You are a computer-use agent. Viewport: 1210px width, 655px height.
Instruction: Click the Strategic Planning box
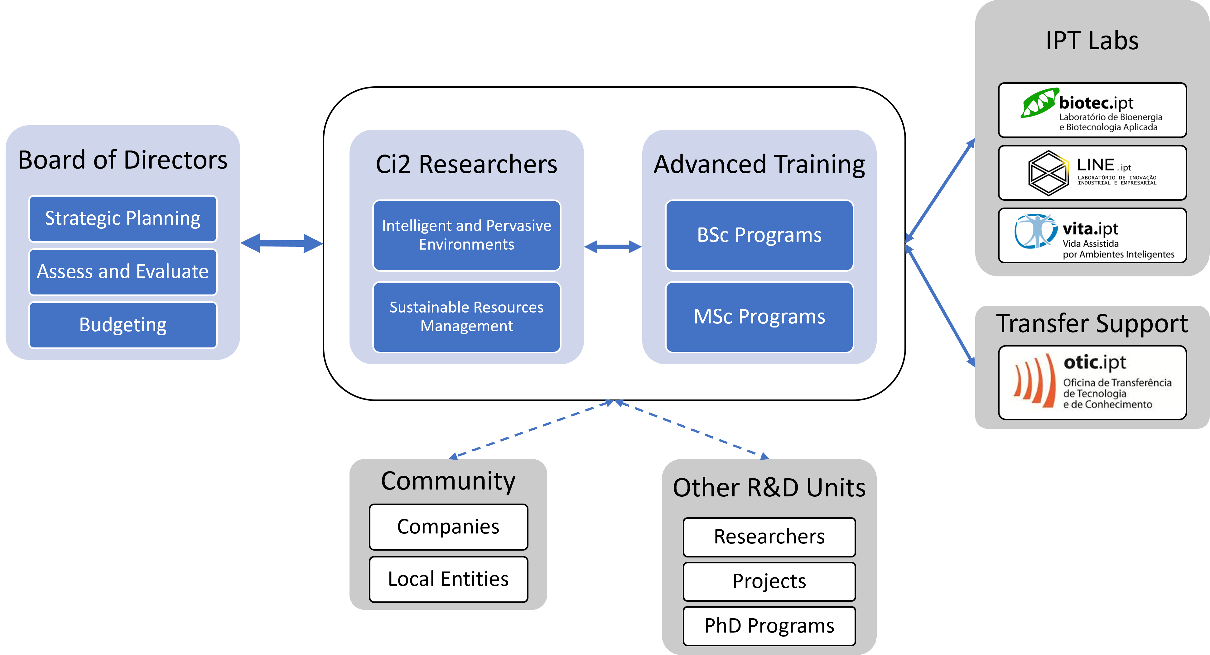pos(123,219)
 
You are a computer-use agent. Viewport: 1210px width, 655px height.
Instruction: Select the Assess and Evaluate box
pos(123,272)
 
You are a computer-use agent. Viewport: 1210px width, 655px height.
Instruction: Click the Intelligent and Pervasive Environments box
pos(466,235)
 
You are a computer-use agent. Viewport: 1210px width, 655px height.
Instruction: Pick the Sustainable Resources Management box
pos(466,317)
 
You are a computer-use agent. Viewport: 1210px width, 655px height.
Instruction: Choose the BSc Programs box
pos(759,235)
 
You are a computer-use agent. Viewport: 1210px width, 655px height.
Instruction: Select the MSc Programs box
pos(759,317)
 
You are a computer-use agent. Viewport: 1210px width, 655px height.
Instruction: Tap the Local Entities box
pos(448,579)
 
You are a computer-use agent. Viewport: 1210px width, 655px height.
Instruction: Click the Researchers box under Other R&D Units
pos(769,537)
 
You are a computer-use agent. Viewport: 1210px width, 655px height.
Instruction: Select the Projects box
pos(769,581)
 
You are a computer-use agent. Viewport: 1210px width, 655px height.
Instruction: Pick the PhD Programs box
pos(769,626)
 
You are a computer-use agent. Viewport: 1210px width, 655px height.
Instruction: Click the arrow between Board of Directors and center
pos(282,243)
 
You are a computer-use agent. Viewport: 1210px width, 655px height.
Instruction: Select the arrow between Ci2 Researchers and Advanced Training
pos(613,246)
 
